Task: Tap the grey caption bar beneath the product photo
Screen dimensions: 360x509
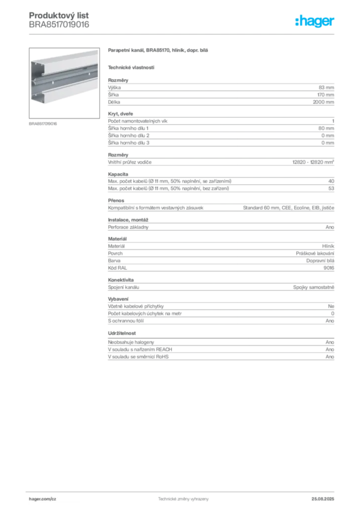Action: click(44, 124)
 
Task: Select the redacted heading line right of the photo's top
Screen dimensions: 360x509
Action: click(159, 52)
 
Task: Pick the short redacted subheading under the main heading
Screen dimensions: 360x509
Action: click(131, 67)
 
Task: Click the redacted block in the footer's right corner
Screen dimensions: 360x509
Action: click(327, 496)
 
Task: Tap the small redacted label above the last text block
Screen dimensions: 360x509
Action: click(123, 333)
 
